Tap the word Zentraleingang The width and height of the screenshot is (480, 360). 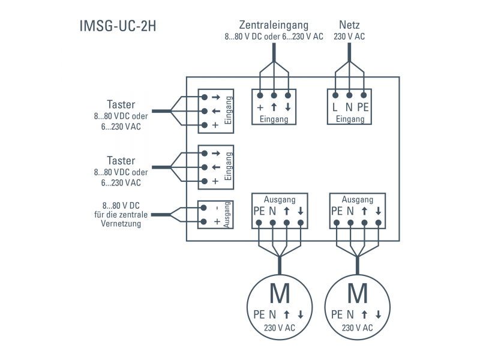point(274,25)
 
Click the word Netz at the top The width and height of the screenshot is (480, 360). point(349,25)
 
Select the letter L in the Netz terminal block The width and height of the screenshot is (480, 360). point(335,108)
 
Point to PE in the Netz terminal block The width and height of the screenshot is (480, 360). point(363,108)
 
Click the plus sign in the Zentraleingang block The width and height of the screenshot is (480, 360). point(260,108)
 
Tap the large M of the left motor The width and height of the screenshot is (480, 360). point(280,294)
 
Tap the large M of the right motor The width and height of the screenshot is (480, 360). point(358,294)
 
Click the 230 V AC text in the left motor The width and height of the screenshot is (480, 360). point(280,328)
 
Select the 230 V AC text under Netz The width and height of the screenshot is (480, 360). point(349,37)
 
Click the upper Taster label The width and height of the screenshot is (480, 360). point(121,104)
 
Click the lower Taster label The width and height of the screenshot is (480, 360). point(121,161)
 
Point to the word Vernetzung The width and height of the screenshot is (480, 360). point(121,224)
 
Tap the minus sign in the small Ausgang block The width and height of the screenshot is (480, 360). point(215,208)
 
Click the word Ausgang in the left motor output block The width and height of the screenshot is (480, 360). point(280,200)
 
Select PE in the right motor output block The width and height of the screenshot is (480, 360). point(337,211)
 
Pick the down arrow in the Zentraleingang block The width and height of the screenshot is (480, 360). point(288,108)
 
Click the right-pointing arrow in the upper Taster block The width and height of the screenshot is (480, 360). point(215,97)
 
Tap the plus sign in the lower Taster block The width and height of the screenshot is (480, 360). point(215,181)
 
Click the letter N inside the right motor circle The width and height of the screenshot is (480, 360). point(350,314)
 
